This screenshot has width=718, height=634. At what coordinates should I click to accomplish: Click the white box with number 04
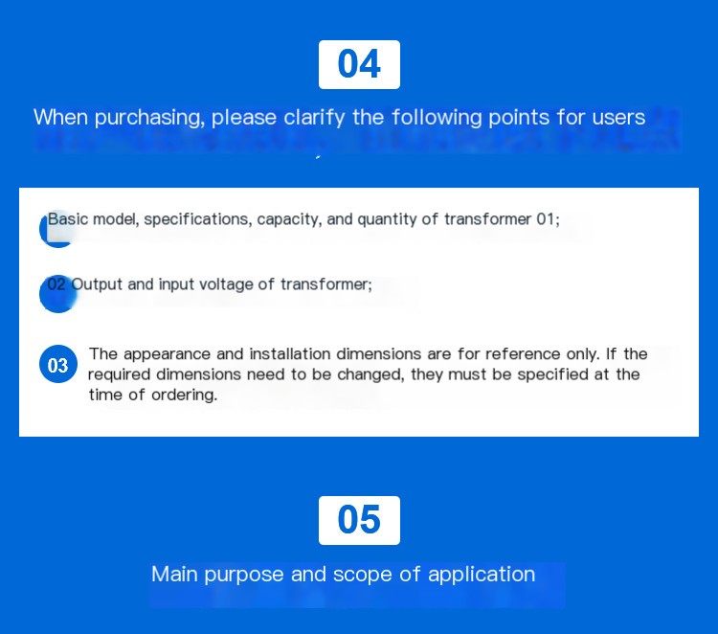[359, 64]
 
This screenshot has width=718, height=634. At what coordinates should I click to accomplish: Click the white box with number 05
[359, 520]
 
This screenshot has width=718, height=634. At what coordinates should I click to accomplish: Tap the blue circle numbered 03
[58, 365]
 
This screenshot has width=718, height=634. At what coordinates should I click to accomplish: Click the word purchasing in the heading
[149, 118]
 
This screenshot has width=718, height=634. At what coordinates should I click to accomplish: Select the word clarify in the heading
[314, 117]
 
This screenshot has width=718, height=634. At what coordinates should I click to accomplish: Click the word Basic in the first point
[68, 219]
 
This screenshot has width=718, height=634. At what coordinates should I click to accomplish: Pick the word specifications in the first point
[198, 219]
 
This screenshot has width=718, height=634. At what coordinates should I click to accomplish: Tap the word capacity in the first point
[289, 220]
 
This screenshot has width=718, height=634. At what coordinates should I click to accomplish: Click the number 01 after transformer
[548, 219]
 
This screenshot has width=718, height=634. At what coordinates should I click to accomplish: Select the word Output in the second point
[97, 284]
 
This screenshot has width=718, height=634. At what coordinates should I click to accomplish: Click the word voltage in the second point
[226, 284]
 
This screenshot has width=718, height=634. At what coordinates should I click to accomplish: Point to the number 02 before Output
[56, 284]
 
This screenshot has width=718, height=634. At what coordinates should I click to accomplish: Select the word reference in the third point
[523, 353]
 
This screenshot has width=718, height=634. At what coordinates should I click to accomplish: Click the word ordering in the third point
[184, 395]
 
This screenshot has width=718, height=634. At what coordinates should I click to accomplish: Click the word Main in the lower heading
[174, 574]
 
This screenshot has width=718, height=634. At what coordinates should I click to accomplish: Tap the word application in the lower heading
[482, 575]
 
